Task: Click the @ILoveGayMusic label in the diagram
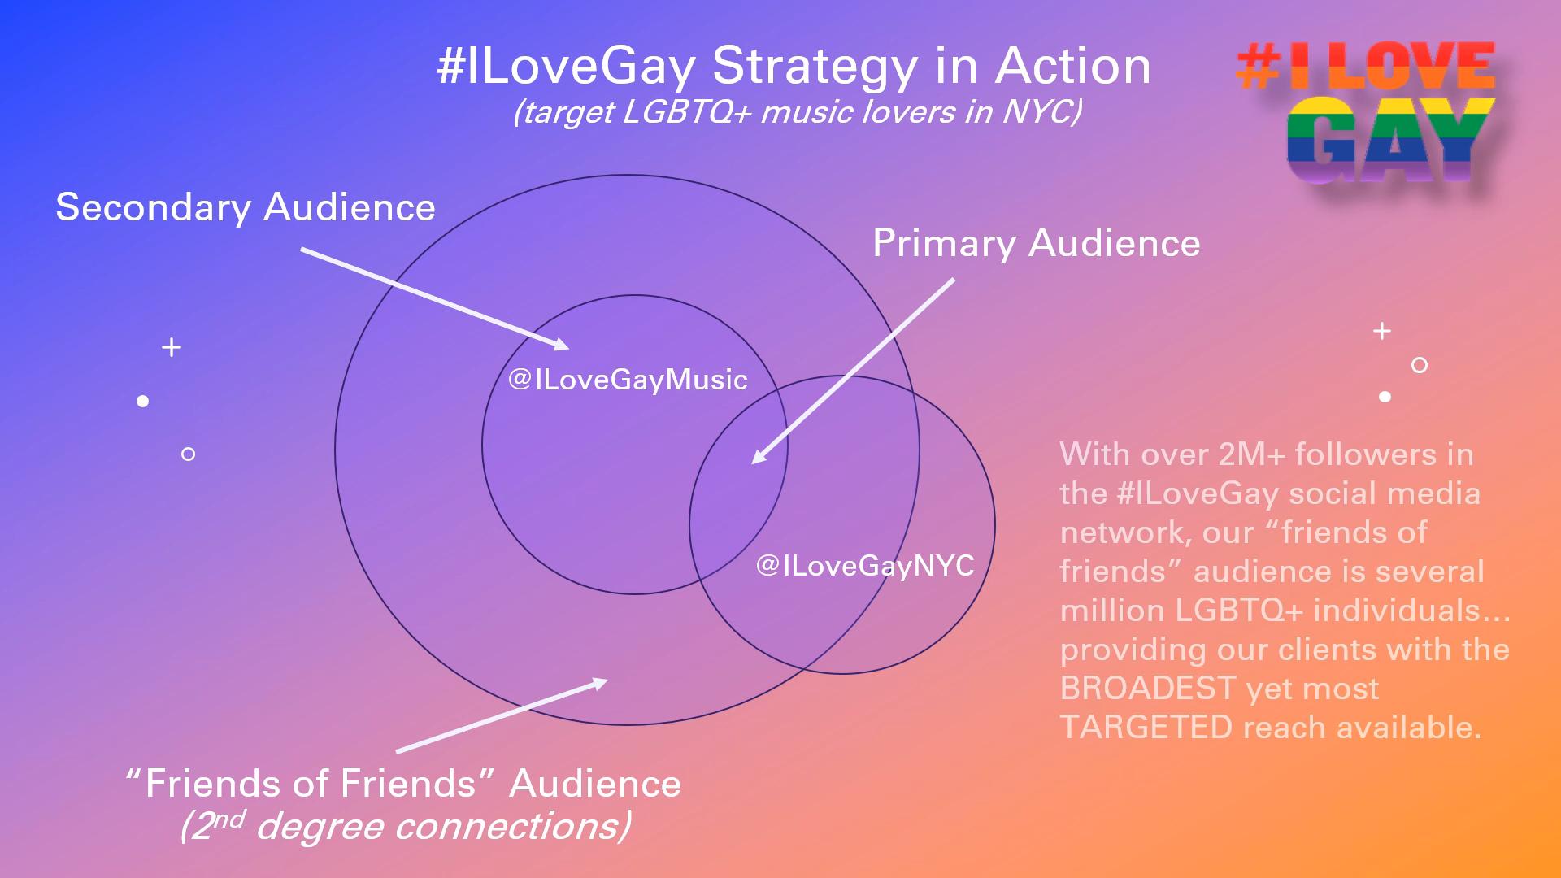coord(628,380)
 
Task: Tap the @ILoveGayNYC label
coord(865,566)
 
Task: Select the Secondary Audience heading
coord(246,208)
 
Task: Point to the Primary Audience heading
coord(1037,244)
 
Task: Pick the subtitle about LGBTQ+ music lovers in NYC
coord(798,112)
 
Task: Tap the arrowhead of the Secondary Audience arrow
coord(562,345)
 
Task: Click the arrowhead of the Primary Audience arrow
coord(759,456)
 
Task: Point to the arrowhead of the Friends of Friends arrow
coord(600,683)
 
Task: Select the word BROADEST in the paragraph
coord(1148,689)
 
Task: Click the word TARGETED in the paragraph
coord(1146,728)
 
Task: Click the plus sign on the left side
coord(172,348)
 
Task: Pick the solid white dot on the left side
coord(143,401)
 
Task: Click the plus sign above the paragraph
coord(1382,331)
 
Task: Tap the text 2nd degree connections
coord(405,826)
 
